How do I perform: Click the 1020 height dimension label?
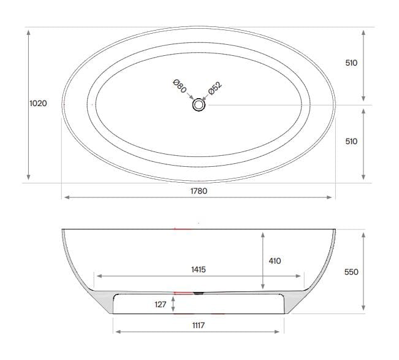pos(38,104)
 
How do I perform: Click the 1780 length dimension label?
pos(199,191)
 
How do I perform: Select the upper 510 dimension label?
pos(351,63)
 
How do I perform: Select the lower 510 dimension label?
pos(351,141)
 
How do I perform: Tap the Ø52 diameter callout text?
pos(215,88)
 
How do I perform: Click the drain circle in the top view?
pos(199,105)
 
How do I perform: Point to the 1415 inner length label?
pos(197,269)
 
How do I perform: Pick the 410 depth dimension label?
pos(275,261)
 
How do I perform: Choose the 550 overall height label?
pos(351,272)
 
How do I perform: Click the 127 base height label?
pos(161,304)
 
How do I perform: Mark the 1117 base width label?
pos(199,325)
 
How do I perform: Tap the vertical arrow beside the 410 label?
pos(262,261)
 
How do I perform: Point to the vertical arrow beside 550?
pos(364,271)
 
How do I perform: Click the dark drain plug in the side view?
pos(197,293)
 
